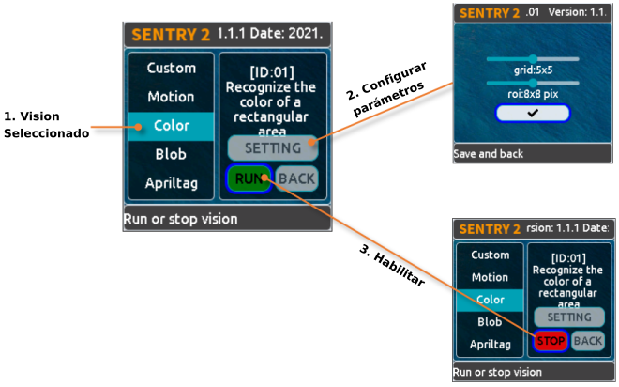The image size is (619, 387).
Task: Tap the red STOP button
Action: [x=551, y=341]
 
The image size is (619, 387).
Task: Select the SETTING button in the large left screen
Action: [x=272, y=147]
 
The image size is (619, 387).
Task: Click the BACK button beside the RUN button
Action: [x=296, y=178]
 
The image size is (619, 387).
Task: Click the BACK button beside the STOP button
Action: [x=588, y=341]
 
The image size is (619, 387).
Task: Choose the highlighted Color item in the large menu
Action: [x=171, y=125]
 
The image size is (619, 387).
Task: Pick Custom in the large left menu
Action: [x=171, y=68]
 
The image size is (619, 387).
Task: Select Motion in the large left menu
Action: [x=171, y=97]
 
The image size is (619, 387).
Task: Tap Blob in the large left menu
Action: [x=171, y=154]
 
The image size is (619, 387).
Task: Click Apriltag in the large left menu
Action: [x=171, y=182]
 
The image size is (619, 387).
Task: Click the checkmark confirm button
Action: [x=533, y=113]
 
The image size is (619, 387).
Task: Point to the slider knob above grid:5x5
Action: [x=533, y=58]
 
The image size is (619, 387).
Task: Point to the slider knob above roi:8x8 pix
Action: [x=533, y=83]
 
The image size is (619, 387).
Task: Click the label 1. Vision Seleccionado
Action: [x=45, y=125]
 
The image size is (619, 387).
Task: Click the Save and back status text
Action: [x=488, y=153]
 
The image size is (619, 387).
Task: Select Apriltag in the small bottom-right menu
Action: [x=490, y=344]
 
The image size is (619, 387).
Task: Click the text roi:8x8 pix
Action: [x=532, y=95]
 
